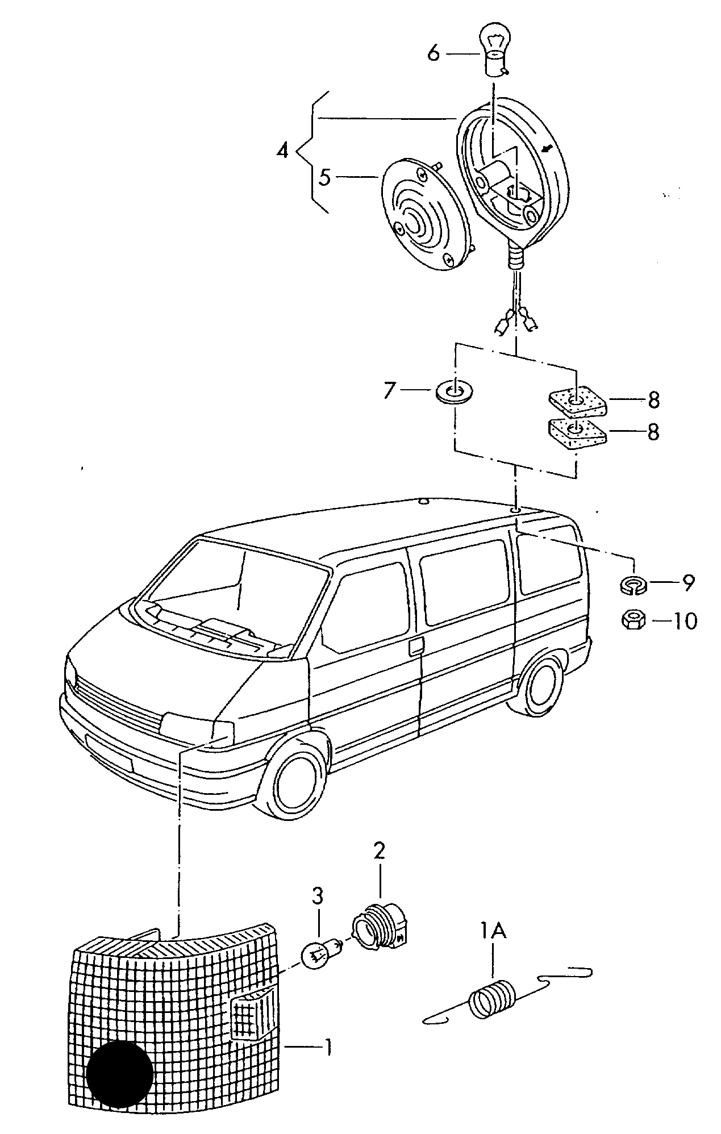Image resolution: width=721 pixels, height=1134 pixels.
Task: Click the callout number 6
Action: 433,53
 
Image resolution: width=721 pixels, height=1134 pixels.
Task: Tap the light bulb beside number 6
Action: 493,50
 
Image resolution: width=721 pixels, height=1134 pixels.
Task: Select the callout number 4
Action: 282,151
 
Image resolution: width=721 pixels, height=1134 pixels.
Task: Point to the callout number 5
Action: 324,177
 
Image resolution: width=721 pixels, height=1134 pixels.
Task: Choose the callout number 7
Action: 389,390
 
